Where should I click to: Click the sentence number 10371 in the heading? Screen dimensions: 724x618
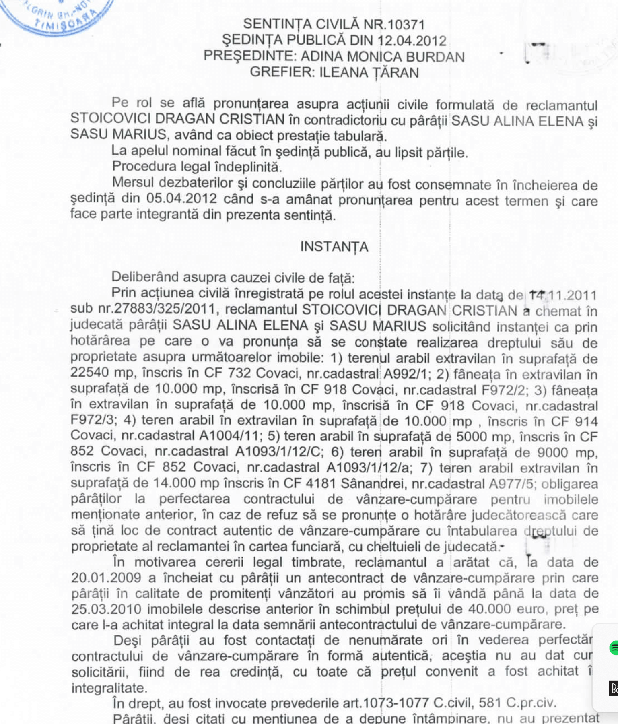(406, 25)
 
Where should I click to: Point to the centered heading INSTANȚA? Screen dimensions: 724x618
(334, 246)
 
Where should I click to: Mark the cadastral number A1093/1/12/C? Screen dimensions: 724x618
(279, 452)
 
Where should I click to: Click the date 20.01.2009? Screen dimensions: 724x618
(106, 578)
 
